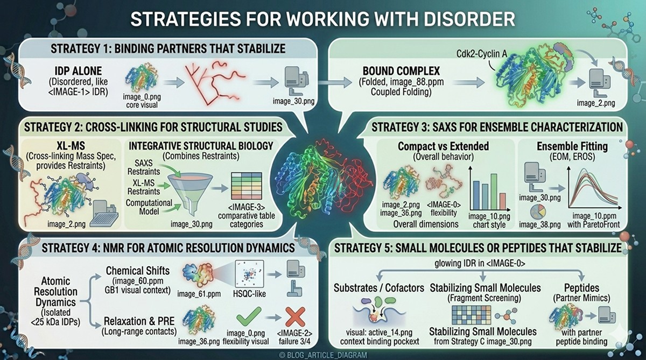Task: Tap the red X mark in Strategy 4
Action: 296,318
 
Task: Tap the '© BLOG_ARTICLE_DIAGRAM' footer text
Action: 324,355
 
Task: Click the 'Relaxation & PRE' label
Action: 136,309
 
